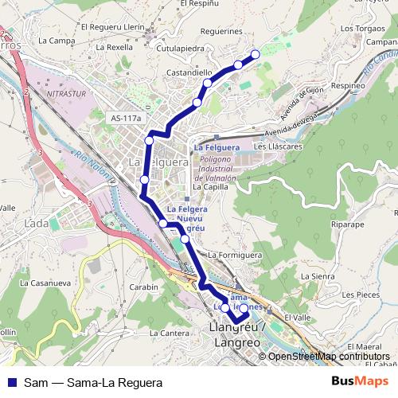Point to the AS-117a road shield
(x=127, y=119)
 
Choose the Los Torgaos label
(x=357, y=30)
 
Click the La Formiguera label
(x=235, y=255)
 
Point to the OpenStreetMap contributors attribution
(x=328, y=357)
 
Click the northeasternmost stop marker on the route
(x=256, y=54)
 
